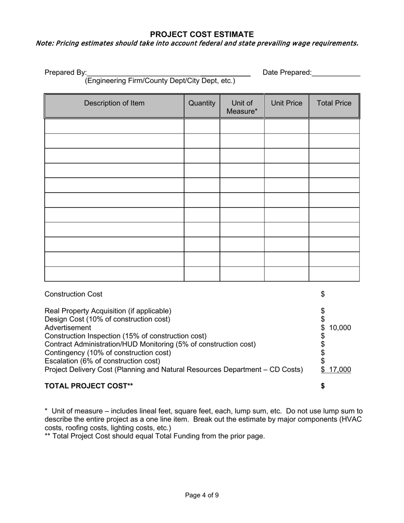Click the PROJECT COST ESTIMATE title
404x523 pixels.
202,34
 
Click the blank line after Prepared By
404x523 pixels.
168,73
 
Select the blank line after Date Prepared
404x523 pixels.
336,73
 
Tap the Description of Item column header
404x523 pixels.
114,103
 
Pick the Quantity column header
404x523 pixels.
202,103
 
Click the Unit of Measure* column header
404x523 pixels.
242,107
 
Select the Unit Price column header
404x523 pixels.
287,103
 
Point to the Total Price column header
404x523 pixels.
334,103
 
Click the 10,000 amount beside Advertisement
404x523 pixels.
340,328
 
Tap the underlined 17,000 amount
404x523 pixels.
340,370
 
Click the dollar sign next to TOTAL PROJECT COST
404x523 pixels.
323,386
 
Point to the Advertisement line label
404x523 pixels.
68,328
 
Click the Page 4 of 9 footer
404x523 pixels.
202,495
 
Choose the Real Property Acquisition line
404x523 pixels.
108,311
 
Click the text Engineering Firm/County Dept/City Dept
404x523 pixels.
160,81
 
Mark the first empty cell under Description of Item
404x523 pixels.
114,126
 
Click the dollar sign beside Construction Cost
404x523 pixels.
323,294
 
